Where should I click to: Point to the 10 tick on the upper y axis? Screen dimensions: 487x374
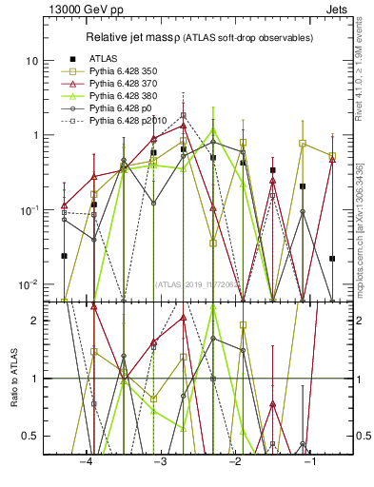click(x=37, y=61)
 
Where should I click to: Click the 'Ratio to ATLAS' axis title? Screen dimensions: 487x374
click(x=12, y=378)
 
